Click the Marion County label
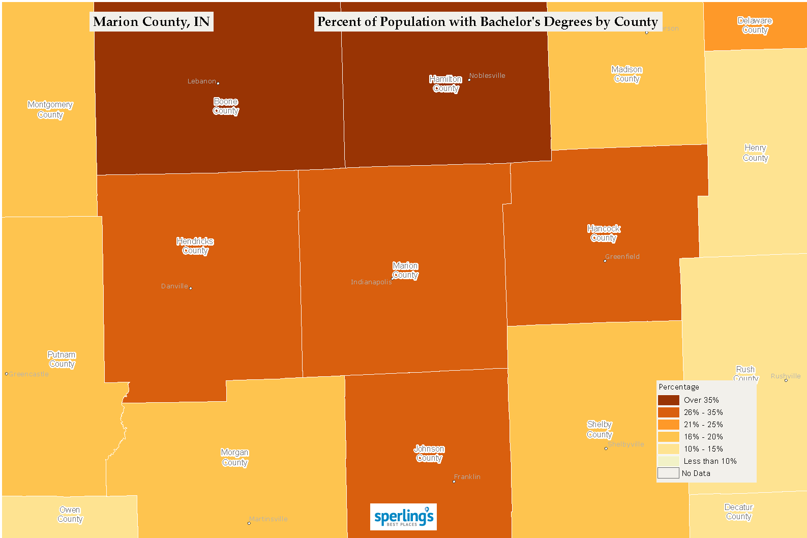click(x=405, y=271)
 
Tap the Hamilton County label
click(x=445, y=84)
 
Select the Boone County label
click(x=226, y=106)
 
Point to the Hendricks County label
click(x=195, y=246)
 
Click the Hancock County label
click(x=604, y=233)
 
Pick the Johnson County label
click(x=429, y=454)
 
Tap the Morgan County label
click(x=234, y=458)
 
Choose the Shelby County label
click(x=600, y=430)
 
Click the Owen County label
click(x=70, y=515)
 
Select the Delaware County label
click(x=755, y=25)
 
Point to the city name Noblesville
click(x=487, y=76)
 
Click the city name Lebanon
click(x=201, y=81)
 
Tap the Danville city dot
click(x=191, y=288)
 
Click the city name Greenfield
click(x=622, y=257)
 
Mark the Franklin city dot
click(x=454, y=481)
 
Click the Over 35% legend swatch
click(x=668, y=400)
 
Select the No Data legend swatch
click(x=668, y=473)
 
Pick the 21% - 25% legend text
click(x=703, y=425)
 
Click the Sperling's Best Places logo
click(x=403, y=517)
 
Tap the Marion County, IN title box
click(x=152, y=22)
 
